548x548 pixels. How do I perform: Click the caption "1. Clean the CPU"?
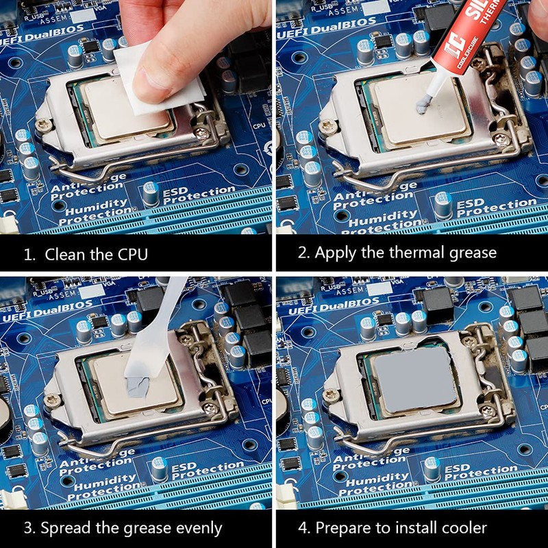pos(86,254)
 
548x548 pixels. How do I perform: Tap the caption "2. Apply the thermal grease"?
pos(397,252)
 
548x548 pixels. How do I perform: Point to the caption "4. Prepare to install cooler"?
pos(401,527)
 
